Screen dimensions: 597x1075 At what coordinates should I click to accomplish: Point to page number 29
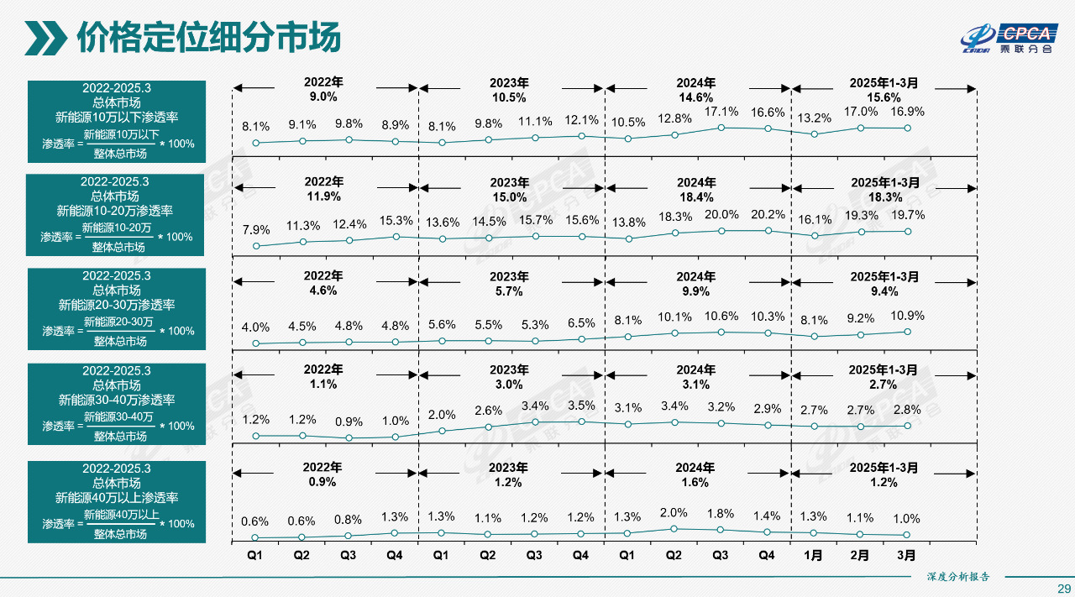point(1063,587)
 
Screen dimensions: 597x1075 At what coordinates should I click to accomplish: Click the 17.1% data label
point(721,112)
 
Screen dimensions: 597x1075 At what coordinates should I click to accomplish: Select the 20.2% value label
point(768,214)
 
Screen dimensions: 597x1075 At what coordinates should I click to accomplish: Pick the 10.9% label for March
point(907,316)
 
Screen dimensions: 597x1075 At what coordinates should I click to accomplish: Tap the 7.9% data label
point(256,229)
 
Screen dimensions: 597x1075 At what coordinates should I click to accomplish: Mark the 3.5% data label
point(581,406)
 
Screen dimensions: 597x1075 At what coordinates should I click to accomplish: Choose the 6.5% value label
point(581,323)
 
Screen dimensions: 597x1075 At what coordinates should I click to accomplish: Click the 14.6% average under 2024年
point(695,97)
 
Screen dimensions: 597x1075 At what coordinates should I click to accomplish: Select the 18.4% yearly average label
point(695,196)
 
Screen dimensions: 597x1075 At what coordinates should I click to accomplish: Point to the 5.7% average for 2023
point(509,291)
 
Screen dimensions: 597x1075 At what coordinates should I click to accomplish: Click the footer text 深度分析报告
point(958,576)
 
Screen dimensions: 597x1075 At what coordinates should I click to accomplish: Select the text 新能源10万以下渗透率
point(117,117)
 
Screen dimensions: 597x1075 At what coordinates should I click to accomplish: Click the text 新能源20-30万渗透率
point(117,305)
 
